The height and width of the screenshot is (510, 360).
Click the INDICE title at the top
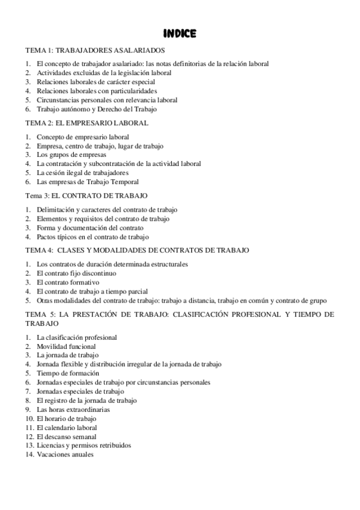pos(180,34)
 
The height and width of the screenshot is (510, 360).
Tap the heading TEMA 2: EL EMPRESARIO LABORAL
pos(87,123)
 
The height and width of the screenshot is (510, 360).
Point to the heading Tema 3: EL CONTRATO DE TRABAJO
pos(86,196)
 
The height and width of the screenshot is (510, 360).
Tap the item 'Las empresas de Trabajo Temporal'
pos(87,182)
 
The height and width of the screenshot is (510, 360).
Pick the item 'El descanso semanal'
pos(66,437)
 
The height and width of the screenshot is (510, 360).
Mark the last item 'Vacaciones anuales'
pos(65,455)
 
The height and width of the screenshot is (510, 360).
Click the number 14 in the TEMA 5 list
pos(29,455)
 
